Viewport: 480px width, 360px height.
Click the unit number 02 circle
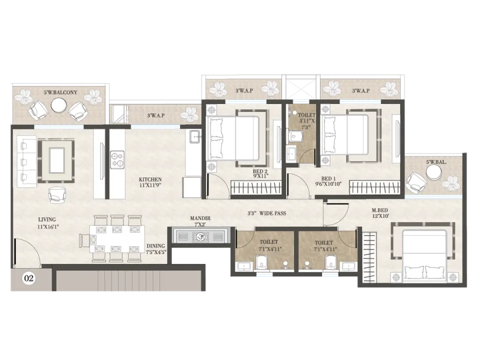[x=29, y=278]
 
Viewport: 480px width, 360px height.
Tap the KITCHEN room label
[x=150, y=179]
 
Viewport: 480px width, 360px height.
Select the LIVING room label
[x=47, y=219]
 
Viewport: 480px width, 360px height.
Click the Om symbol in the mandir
[x=200, y=236]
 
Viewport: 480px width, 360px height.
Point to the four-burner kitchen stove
[x=117, y=159]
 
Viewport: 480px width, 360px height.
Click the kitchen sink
[x=195, y=136]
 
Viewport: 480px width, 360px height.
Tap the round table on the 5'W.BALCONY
[x=59, y=106]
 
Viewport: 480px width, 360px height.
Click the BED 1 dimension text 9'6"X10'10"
[x=328, y=184]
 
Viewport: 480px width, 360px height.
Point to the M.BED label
[x=380, y=210]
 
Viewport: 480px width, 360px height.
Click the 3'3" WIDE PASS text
[x=266, y=213]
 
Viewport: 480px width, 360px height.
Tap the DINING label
[x=155, y=246]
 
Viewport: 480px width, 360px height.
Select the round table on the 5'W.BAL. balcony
[x=434, y=173]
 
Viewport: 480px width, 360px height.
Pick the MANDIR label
[x=200, y=218]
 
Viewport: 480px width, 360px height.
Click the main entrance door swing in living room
[x=26, y=251]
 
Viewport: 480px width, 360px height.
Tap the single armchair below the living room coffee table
[x=57, y=194]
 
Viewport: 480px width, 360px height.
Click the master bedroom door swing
[x=336, y=213]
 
